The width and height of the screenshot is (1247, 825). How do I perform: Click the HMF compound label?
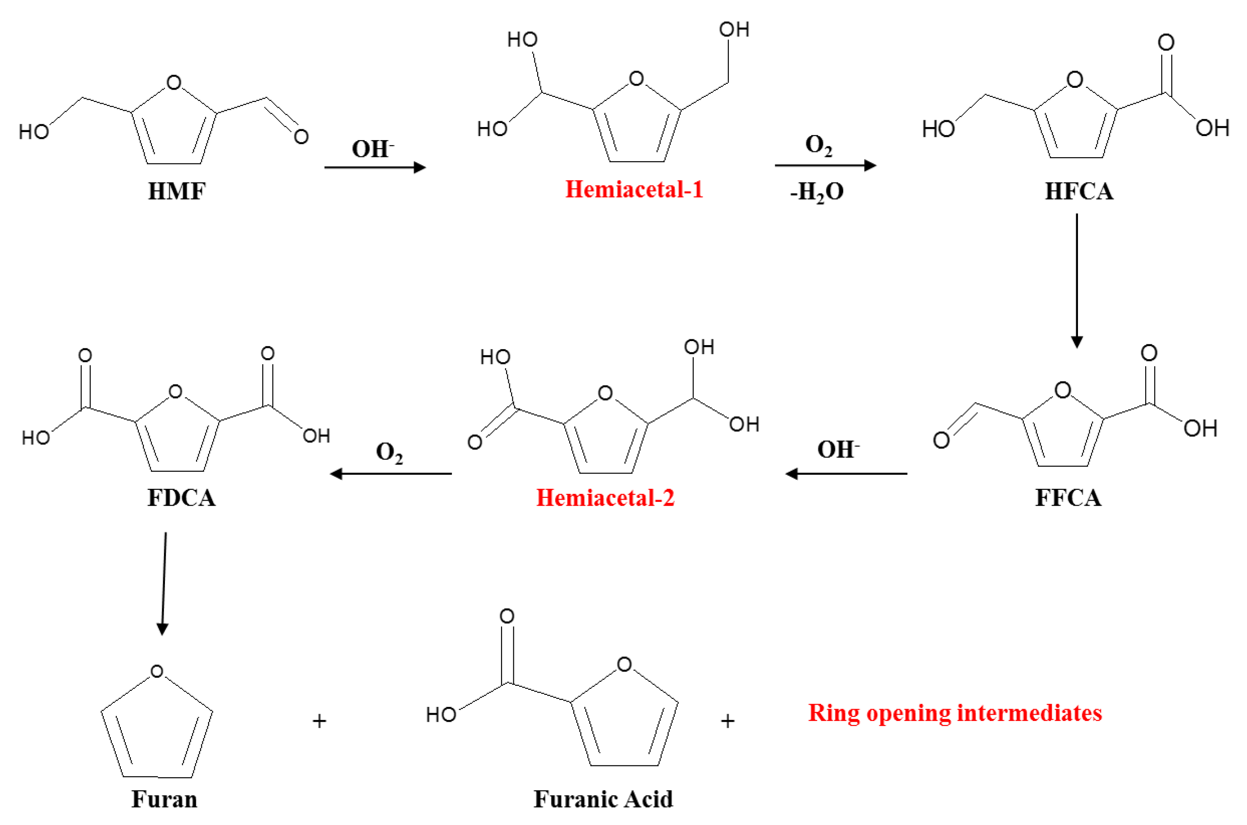[x=176, y=191]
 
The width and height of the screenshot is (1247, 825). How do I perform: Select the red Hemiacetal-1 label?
[x=634, y=189]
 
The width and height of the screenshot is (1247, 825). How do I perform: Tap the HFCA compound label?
[x=1078, y=191]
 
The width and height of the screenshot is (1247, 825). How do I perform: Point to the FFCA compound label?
[x=1068, y=498]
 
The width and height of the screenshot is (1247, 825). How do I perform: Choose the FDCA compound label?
[x=181, y=498]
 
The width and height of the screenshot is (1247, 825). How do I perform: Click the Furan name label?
[x=164, y=799]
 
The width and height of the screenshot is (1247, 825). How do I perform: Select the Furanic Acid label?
[x=603, y=799]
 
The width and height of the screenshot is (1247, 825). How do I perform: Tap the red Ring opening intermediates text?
[x=955, y=713]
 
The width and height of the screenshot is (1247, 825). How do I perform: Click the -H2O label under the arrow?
[x=816, y=192]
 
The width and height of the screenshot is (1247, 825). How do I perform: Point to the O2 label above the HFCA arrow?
[x=818, y=145]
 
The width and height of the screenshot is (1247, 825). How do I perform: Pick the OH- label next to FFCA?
[x=838, y=450]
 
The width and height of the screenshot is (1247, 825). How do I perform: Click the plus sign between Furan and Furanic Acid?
[x=320, y=721]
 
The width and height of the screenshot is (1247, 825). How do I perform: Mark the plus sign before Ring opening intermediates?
[x=727, y=721]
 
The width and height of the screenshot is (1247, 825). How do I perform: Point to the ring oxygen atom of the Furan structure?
[x=157, y=671]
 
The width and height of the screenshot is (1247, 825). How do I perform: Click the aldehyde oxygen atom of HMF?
[x=301, y=137]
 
